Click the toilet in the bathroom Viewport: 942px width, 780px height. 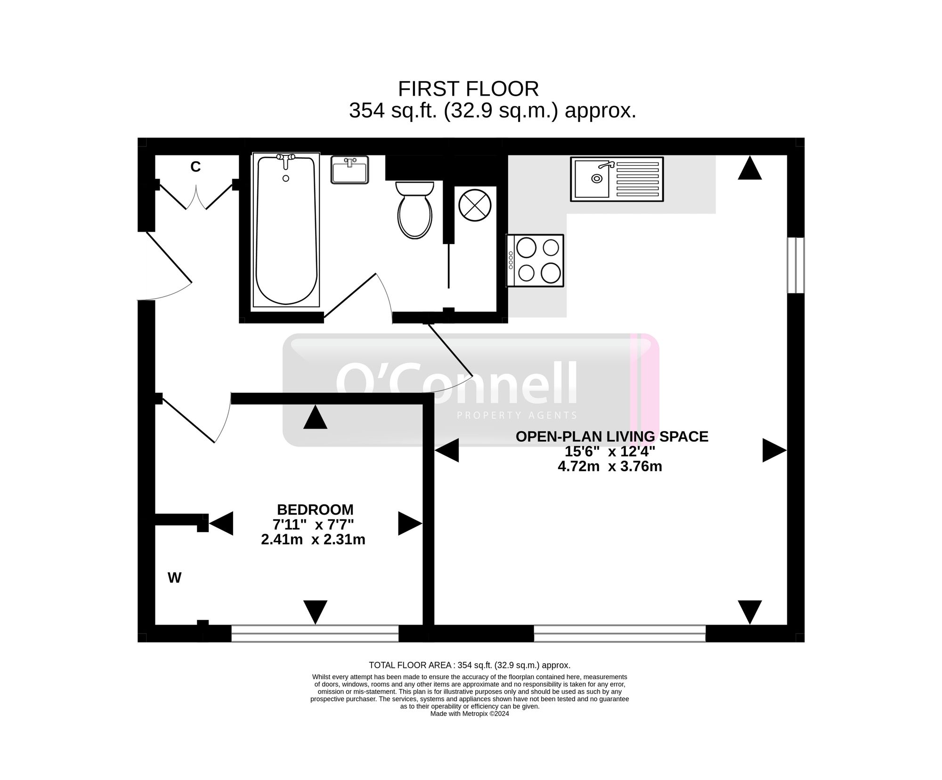[x=414, y=212]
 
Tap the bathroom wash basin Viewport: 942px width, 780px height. [x=349, y=170]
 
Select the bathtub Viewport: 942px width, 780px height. [x=286, y=229]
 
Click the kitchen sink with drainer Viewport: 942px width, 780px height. [x=617, y=179]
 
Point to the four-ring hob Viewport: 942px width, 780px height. [x=536, y=260]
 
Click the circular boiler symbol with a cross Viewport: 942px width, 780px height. [x=475, y=205]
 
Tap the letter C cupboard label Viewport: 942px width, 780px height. [x=195, y=167]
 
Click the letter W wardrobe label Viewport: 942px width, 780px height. [x=174, y=578]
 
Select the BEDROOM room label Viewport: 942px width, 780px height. [x=315, y=510]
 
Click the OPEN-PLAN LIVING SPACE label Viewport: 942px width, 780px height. [x=612, y=437]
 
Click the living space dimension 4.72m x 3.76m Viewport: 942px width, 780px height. [x=610, y=466]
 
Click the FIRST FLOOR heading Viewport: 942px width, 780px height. [x=468, y=89]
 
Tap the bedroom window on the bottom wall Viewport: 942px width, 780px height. [x=315, y=634]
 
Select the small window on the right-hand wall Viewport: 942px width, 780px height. [x=796, y=265]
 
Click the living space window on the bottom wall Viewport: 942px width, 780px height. [x=619, y=634]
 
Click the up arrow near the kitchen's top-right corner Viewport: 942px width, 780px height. [x=749, y=169]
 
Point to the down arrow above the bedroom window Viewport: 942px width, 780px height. [x=315, y=611]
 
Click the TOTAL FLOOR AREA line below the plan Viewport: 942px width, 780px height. [x=469, y=665]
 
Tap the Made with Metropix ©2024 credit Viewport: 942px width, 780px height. [x=470, y=714]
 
